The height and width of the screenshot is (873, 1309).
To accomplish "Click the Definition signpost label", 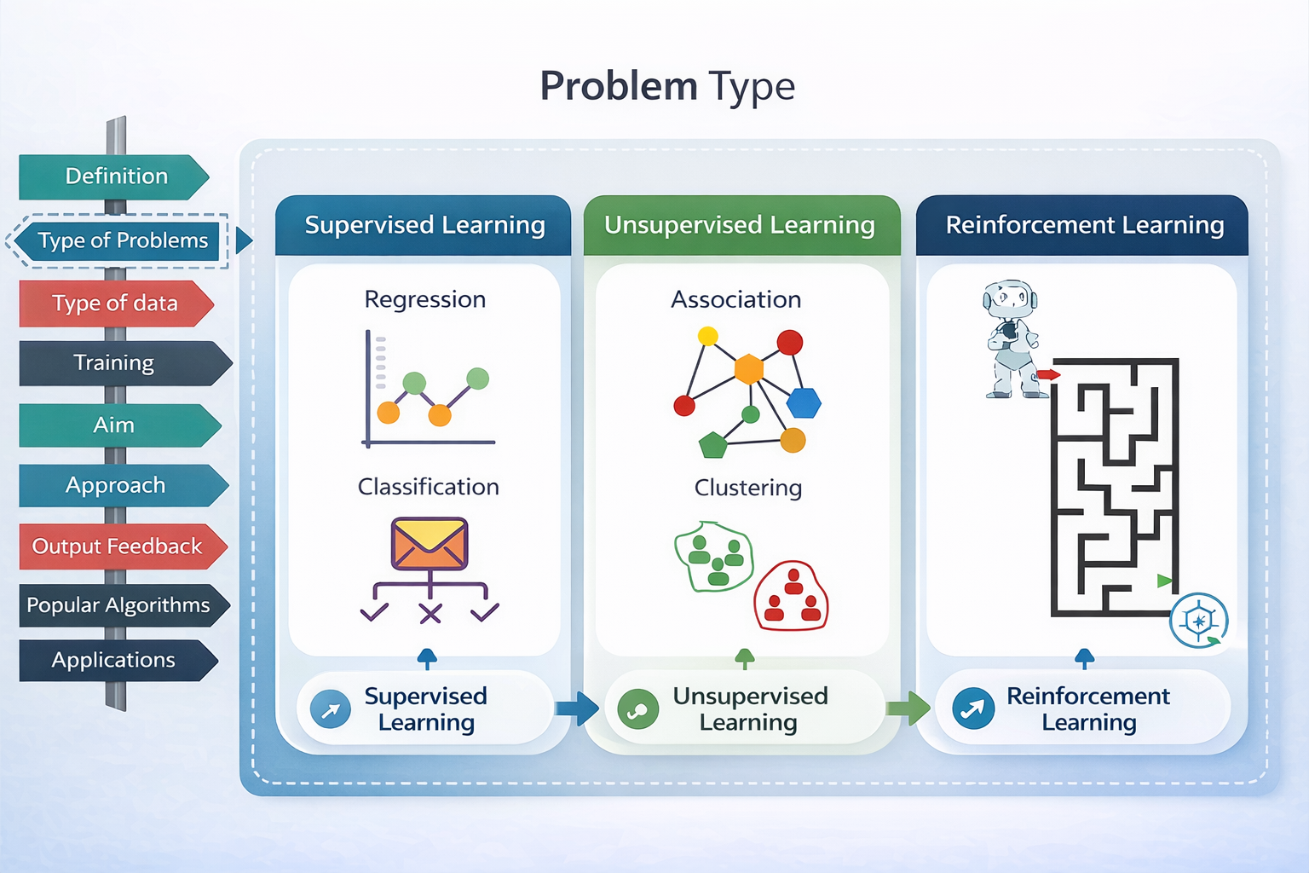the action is [x=114, y=176].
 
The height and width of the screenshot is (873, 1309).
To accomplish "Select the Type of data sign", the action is [x=116, y=304].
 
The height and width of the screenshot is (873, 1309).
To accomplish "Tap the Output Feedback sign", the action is [x=123, y=546].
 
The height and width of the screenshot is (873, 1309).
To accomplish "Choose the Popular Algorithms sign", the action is [x=124, y=605].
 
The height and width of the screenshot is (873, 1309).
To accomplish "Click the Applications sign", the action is [x=118, y=660].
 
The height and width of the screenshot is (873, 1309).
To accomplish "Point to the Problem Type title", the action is [x=667, y=87].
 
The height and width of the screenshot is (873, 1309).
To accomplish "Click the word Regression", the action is [x=425, y=299].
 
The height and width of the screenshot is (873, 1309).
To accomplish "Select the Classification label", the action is [x=429, y=487].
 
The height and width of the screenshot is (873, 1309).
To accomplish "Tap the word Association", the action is [x=735, y=299].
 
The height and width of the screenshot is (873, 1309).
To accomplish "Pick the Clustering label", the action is [x=748, y=487].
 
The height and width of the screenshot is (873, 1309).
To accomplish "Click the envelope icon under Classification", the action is [x=430, y=543].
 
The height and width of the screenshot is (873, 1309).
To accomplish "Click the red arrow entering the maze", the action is [x=1048, y=374].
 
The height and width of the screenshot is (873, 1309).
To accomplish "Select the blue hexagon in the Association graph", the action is [x=804, y=402].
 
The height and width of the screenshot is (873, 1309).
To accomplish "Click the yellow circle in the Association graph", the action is [x=707, y=336].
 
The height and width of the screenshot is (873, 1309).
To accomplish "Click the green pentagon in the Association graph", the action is [x=713, y=446].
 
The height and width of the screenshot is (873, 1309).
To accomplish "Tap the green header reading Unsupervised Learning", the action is [x=741, y=225].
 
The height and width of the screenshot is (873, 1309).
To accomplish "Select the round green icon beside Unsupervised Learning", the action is [x=637, y=708].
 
